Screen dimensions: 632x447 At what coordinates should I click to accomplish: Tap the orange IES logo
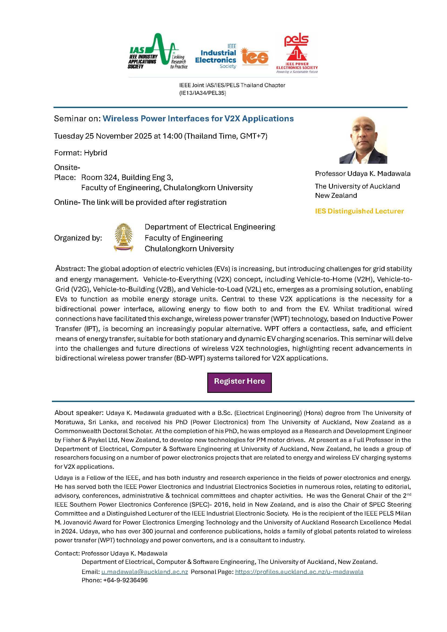pyautogui.click(x=254, y=57)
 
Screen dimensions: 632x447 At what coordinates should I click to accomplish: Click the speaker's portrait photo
pyautogui.click(x=363, y=140)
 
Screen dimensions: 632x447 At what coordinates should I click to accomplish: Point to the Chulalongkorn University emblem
pyautogui.click(x=123, y=237)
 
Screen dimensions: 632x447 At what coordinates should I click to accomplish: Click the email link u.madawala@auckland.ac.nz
pyautogui.click(x=145, y=572)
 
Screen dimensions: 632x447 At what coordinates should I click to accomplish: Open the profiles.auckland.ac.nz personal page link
pyautogui.click(x=299, y=572)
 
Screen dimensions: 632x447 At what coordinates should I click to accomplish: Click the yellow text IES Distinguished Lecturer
pyautogui.click(x=359, y=211)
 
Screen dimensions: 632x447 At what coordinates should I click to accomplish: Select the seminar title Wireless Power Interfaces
pyautogui.click(x=198, y=119)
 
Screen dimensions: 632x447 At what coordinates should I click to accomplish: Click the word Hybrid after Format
pyautogui.click(x=95, y=153)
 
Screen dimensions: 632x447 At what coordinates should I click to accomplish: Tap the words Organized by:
pyautogui.click(x=78, y=238)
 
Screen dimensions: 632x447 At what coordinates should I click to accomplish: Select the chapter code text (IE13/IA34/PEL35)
pyautogui.click(x=202, y=93)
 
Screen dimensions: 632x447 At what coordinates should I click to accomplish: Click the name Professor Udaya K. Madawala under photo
pyautogui.click(x=362, y=174)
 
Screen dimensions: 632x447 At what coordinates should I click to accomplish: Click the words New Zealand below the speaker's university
pyautogui.click(x=336, y=195)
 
